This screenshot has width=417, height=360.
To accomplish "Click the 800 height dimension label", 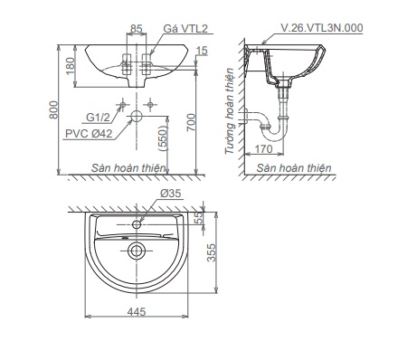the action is (53, 109).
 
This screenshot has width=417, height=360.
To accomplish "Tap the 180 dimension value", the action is (70, 66).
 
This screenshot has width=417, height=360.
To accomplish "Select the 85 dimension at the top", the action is (136, 29).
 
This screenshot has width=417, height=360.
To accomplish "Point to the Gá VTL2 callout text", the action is (185, 29).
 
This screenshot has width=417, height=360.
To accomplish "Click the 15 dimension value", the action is (202, 51).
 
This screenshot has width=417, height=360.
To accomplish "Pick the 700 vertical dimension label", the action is (191, 122).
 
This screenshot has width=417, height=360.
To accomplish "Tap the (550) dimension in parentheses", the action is (163, 138).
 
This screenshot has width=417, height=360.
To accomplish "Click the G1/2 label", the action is (98, 117).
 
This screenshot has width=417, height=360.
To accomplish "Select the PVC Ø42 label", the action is (89, 134).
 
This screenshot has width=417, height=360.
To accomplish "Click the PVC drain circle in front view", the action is (137, 116).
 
